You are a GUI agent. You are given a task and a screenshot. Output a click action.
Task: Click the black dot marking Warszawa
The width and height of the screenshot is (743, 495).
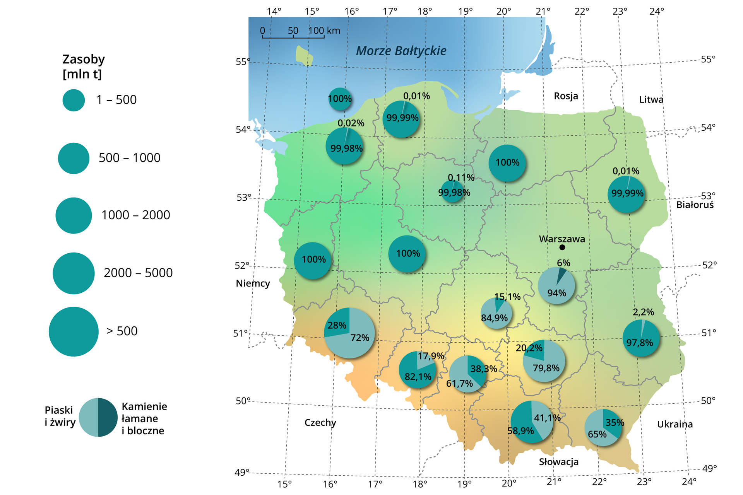click(x=562, y=247)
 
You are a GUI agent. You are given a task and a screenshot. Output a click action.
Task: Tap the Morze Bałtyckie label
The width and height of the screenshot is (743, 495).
click(x=401, y=51)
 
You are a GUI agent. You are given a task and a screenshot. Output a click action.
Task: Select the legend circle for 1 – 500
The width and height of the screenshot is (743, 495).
click(x=74, y=100)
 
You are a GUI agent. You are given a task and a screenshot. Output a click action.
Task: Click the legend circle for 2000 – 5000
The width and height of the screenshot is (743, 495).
click(x=74, y=273)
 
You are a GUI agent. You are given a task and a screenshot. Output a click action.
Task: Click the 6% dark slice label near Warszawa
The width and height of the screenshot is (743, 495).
click(x=563, y=263)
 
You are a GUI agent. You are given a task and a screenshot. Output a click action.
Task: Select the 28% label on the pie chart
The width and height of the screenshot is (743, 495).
click(x=337, y=325)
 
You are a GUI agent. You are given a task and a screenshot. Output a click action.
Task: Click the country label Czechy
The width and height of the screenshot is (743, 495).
click(x=320, y=422)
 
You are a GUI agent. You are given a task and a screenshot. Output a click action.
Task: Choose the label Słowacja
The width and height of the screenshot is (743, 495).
click(x=558, y=462)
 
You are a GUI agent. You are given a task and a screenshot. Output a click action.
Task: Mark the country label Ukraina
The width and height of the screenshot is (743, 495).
click(x=675, y=424)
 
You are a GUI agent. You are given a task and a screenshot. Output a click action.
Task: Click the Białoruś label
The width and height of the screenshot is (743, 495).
click(x=695, y=205)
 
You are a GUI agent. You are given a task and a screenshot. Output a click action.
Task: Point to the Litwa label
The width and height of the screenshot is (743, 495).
click(x=651, y=100)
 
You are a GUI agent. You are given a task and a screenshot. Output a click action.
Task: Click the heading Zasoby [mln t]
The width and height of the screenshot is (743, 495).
click(x=84, y=66)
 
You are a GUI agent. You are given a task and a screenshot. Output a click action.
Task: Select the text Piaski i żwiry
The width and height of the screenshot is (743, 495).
click(x=60, y=416)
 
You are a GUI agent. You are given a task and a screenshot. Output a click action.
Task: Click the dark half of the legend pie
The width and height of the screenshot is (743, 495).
click(x=108, y=417)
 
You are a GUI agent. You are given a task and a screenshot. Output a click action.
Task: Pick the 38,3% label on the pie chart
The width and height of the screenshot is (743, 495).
click(x=483, y=369)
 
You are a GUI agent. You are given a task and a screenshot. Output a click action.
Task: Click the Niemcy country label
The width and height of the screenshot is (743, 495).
click(x=253, y=283)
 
